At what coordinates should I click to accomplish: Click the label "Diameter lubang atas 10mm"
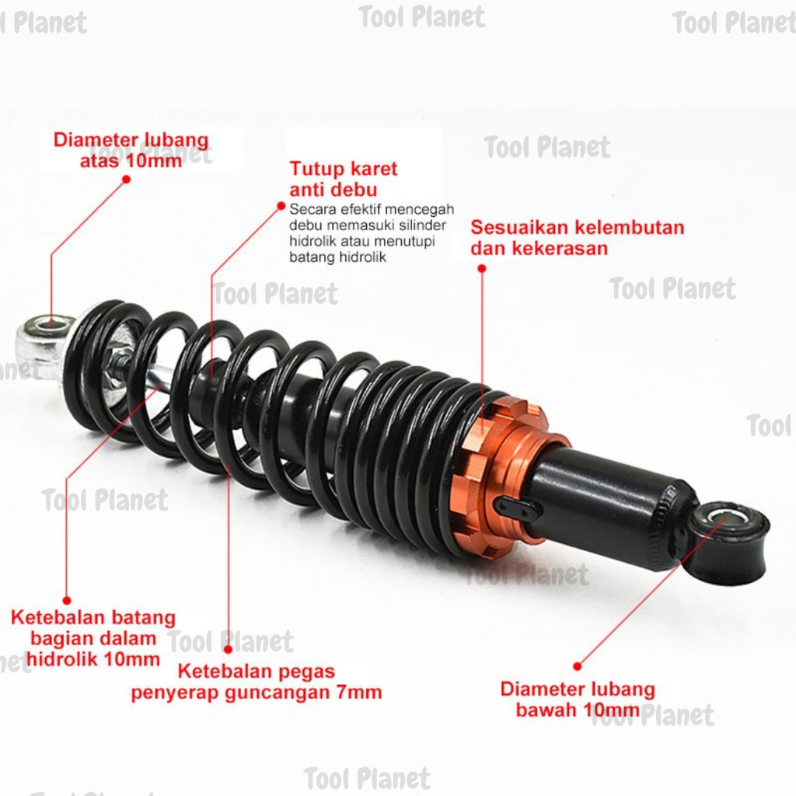pyautogui.click(x=131, y=150)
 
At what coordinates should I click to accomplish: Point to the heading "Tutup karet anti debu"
pyautogui.click(x=343, y=179)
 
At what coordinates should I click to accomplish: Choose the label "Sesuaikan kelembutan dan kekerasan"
pyautogui.click(x=578, y=238)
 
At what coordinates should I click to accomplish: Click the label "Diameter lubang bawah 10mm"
pyautogui.click(x=578, y=699)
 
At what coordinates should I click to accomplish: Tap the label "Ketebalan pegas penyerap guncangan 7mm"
pyautogui.click(x=257, y=682)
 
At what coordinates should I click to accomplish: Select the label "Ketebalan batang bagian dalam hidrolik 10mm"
pyautogui.click(x=93, y=638)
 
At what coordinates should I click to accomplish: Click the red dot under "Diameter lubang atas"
pyautogui.click(x=127, y=179)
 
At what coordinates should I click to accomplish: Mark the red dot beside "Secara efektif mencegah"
pyautogui.click(x=281, y=206)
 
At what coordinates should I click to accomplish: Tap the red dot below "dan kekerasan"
pyautogui.click(x=482, y=268)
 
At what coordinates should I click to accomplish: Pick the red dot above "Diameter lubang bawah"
pyautogui.click(x=578, y=666)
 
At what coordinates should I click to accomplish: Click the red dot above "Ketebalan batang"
pyautogui.click(x=67, y=601)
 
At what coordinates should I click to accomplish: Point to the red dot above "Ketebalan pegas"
pyautogui.click(x=229, y=649)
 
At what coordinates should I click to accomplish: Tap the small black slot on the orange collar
pyautogui.click(x=514, y=508)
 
